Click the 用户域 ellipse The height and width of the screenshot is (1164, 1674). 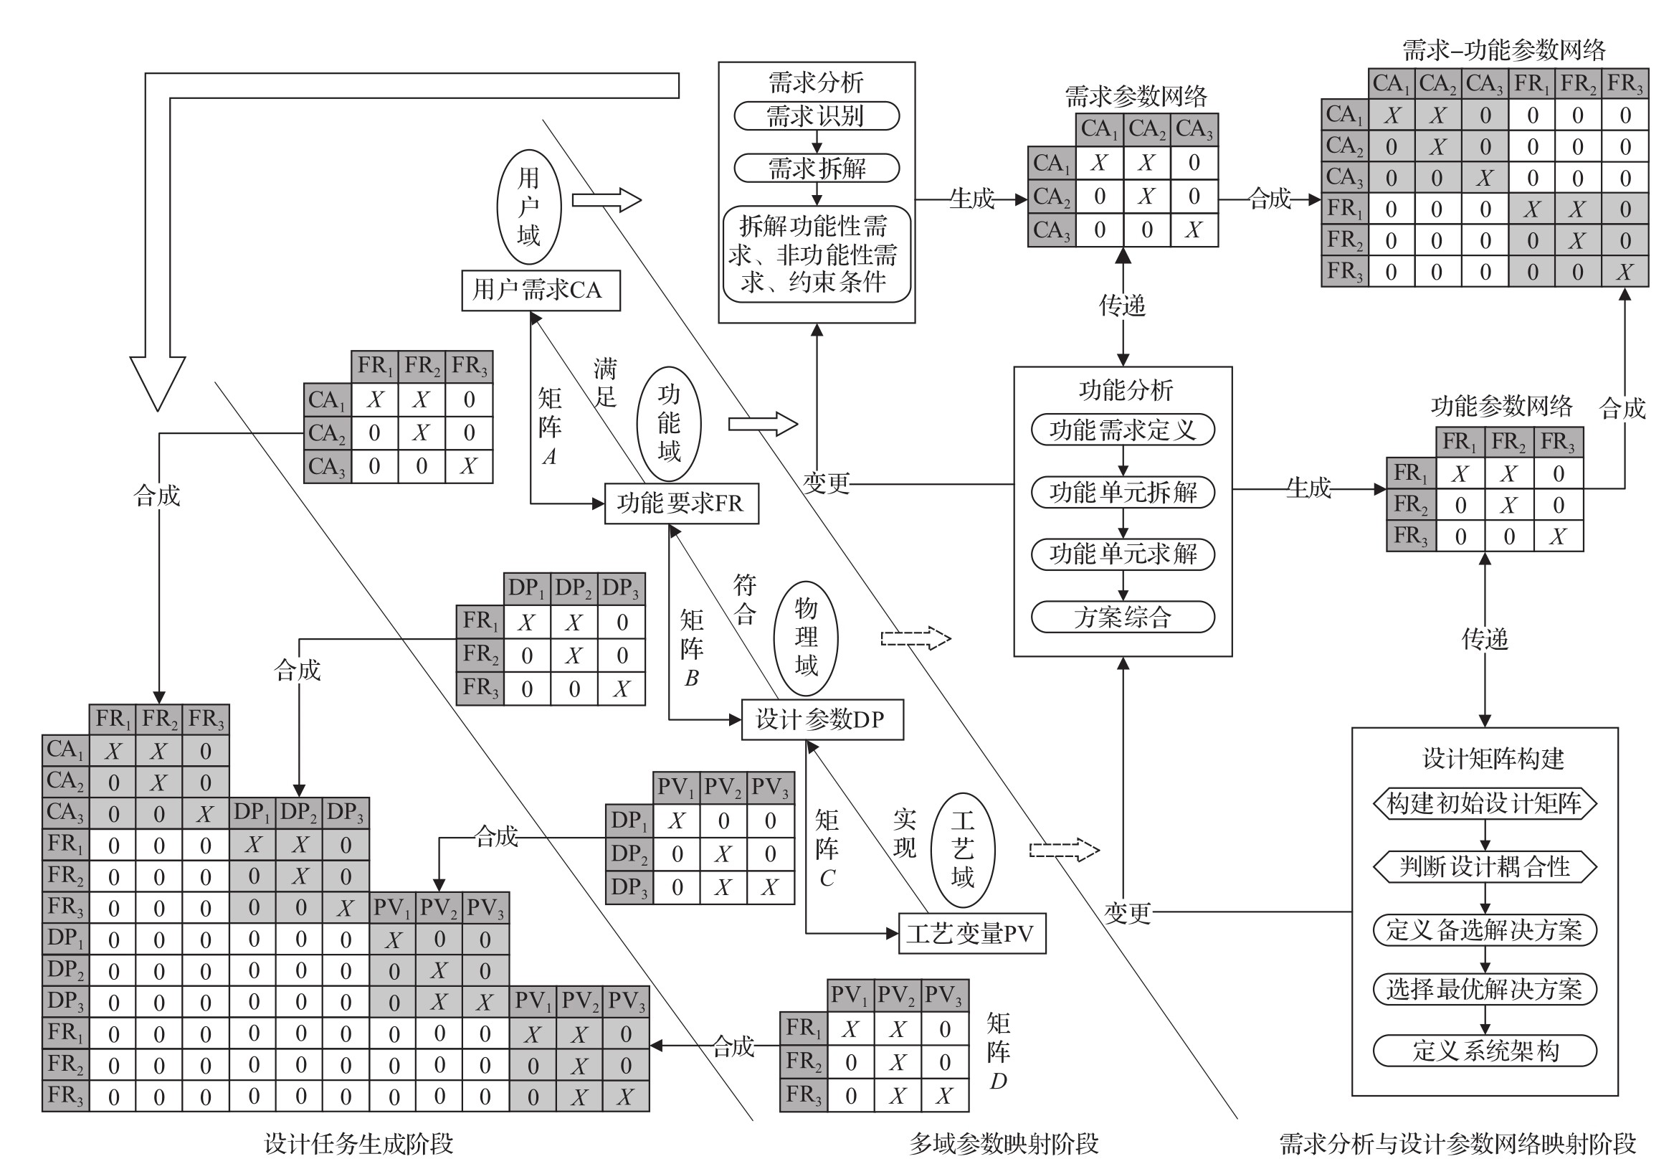point(528,207)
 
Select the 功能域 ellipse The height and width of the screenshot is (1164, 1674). point(669,424)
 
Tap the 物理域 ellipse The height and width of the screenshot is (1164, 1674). point(806,638)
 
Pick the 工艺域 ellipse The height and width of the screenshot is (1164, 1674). point(962,850)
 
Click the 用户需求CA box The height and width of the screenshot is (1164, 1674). point(541,290)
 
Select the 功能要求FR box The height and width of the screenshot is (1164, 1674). point(681,503)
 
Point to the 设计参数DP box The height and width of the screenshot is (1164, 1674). point(822,720)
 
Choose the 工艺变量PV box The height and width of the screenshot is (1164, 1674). point(971,934)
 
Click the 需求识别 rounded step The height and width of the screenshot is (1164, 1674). point(816,116)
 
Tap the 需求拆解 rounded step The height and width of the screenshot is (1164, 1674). point(816,169)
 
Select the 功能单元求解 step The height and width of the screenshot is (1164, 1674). point(1123,554)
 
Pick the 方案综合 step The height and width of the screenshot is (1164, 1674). point(1123,618)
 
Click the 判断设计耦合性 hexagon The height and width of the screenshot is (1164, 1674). point(1485,866)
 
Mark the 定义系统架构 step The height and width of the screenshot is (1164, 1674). point(1485,1051)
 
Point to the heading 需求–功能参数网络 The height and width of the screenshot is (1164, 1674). point(1503,50)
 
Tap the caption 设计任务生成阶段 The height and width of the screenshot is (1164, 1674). point(358,1144)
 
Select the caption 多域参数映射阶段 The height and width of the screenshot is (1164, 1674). point(1003,1144)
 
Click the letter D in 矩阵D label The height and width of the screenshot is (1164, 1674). point(998,1082)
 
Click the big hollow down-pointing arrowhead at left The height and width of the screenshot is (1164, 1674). point(158,383)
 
